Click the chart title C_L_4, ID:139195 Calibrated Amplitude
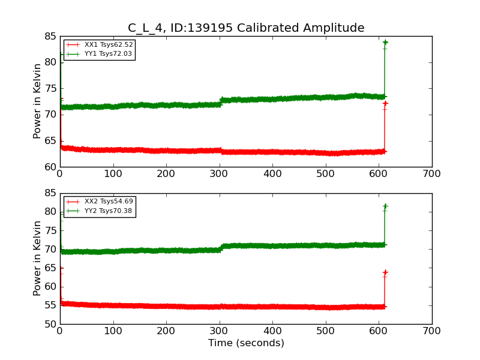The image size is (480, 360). pyautogui.click(x=246, y=28)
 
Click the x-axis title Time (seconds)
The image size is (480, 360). pyautogui.click(x=246, y=343)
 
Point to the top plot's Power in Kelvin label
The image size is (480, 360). pyautogui.click(x=37, y=101)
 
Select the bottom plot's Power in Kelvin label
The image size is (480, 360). pyautogui.click(x=37, y=259)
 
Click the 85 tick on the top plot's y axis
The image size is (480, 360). pyautogui.click(x=49, y=37)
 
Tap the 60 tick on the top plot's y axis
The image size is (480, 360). pyautogui.click(x=49, y=167)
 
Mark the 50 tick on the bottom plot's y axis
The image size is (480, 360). pyautogui.click(x=49, y=325)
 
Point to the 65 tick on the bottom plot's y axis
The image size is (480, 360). pyautogui.click(x=49, y=268)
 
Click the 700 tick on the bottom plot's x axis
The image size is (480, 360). pyautogui.click(x=432, y=331)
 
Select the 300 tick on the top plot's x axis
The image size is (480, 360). pyautogui.click(x=220, y=174)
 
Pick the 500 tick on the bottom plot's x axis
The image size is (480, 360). pyautogui.click(x=326, y=331)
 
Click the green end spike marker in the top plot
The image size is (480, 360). pyautogui.click(x=385, y=42)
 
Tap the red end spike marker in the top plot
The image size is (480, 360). pyautogui.click(x=385, y=104)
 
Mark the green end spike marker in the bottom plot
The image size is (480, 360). pyautogui.click(x=385, y=206)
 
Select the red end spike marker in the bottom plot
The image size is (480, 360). pyautogui.click(x=385, y=272)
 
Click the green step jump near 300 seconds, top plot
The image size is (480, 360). pyautogui.click(x=221, y=101)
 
